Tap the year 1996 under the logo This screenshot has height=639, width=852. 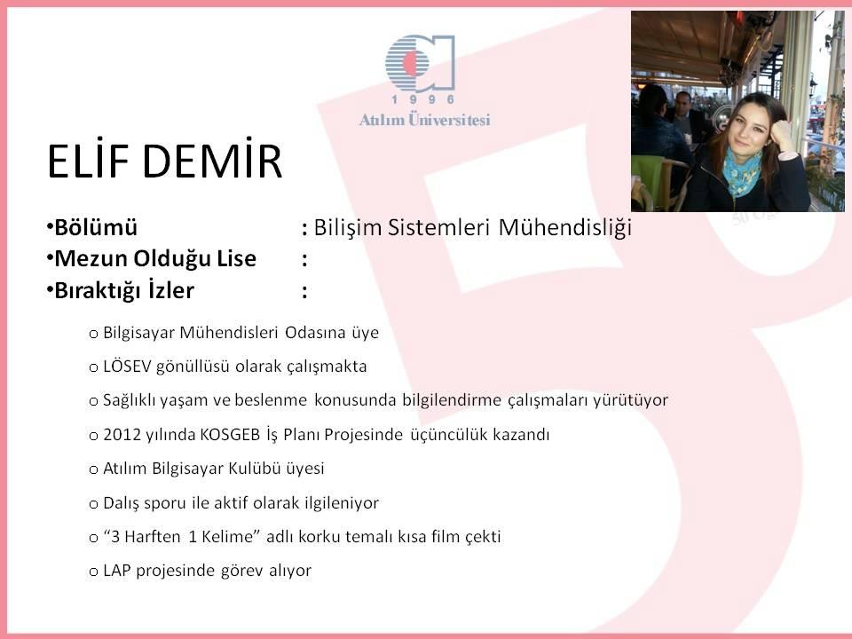[422, 99]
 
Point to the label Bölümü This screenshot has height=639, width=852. [96, 227]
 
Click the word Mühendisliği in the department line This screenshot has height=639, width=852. [564, 227]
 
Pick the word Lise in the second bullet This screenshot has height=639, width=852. [236, 258]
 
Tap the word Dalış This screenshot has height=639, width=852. [122, 503]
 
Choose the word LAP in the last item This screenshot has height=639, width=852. [117, 571]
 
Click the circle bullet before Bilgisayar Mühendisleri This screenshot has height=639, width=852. [93, 334]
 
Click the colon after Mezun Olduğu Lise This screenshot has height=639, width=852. [304, 259]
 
